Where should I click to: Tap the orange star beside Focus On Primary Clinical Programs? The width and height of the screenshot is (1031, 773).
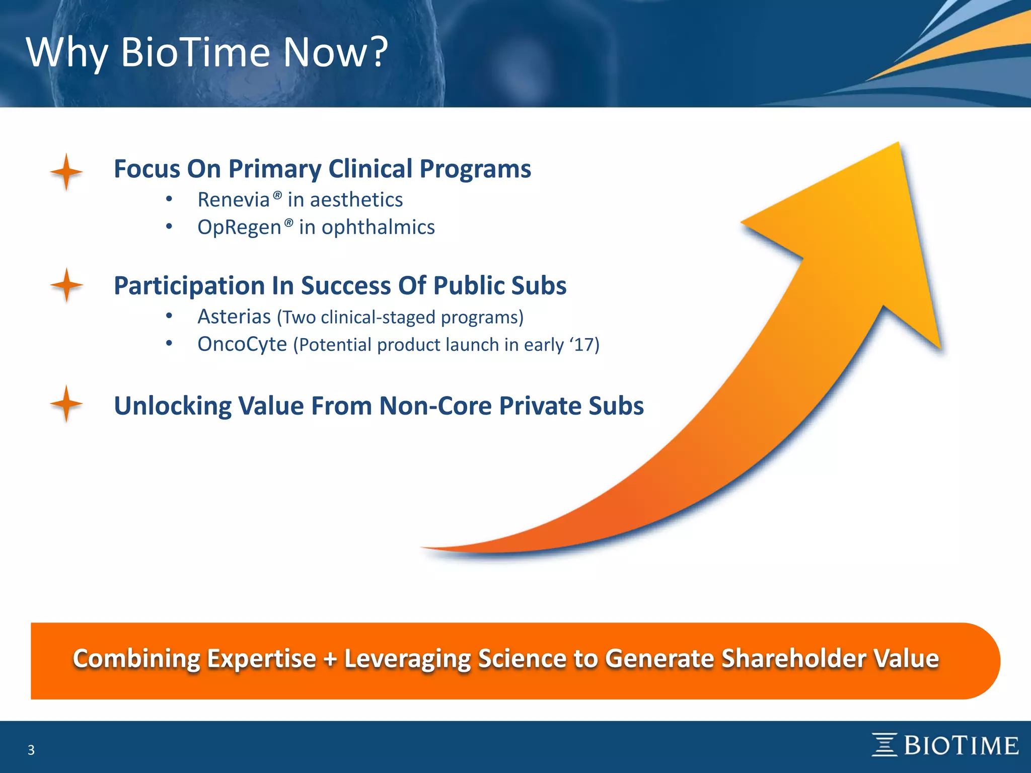[66, 172]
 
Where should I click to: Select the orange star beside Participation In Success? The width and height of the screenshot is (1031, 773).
[66, 285]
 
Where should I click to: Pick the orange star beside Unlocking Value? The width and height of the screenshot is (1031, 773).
[66, 404]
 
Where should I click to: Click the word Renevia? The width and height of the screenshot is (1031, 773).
[234, 200]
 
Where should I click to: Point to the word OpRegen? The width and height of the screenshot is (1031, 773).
[239, 227]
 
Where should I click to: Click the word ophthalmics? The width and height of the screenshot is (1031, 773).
[378, 227]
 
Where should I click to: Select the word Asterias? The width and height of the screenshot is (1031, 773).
[234, 317]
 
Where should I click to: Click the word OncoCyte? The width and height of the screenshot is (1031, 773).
[242, 345]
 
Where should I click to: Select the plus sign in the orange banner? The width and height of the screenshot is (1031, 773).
[330, 659]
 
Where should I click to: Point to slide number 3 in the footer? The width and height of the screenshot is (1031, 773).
[31, 750]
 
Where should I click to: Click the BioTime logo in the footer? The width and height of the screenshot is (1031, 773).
[945, 745]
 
